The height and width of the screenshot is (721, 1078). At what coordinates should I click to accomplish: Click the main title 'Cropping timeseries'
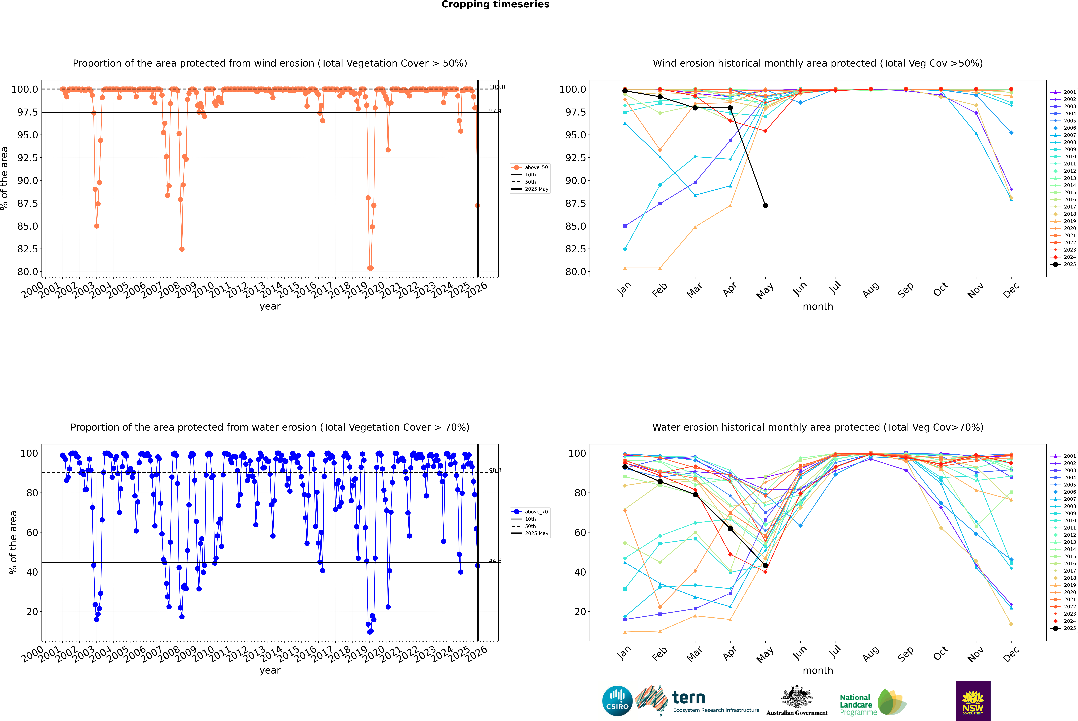point(495,5)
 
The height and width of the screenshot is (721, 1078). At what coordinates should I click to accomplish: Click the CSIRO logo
point(617,701)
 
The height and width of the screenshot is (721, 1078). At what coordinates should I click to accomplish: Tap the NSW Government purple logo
point(973,701)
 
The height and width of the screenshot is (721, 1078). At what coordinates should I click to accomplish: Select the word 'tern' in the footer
point(688,698)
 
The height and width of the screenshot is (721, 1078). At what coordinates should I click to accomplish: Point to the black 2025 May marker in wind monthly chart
point(765,206)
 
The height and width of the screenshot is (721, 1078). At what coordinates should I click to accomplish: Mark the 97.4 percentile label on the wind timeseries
point(495,111)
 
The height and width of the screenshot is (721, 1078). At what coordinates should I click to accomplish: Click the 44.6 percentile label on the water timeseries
point(495,561)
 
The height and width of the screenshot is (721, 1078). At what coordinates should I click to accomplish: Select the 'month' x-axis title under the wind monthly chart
point(817,307)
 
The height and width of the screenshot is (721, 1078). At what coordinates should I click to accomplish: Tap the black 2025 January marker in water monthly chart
point(625,467)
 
